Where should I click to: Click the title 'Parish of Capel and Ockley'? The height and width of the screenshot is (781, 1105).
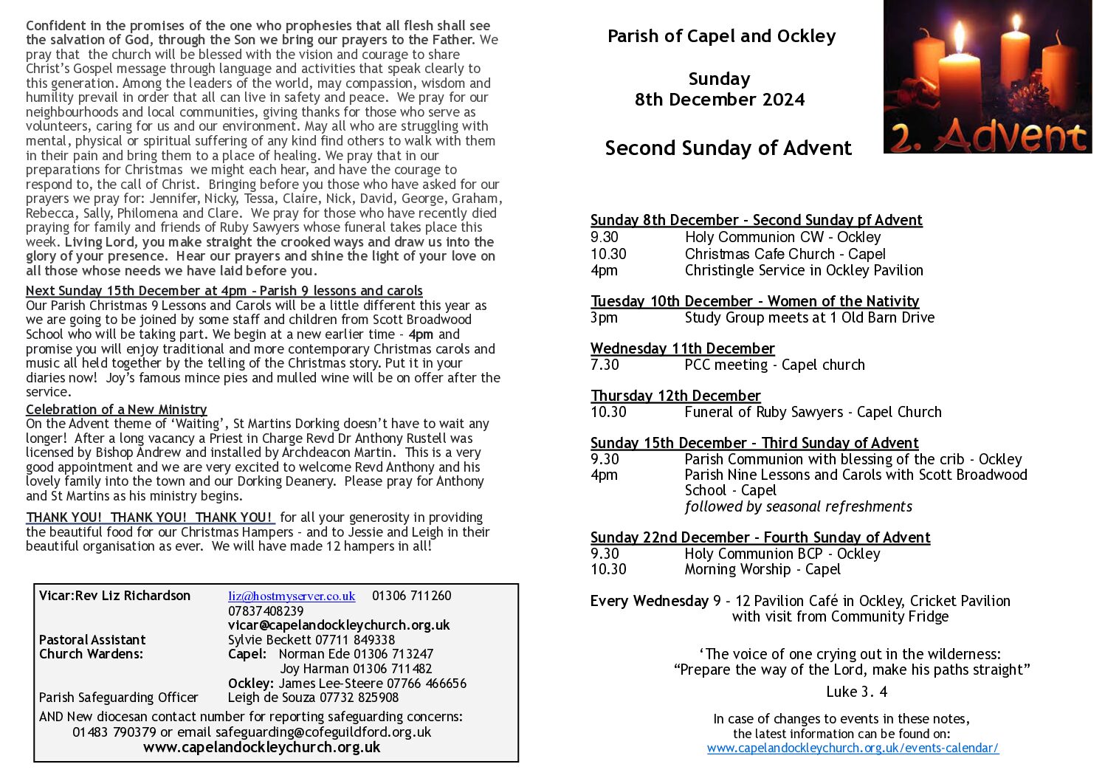[x=721, y=36]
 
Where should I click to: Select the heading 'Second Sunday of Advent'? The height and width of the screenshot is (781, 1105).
[x=728, y=148]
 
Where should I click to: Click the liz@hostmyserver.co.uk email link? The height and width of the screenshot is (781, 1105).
[x=292, y=596]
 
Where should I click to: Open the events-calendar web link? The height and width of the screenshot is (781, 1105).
[x=853, y=748]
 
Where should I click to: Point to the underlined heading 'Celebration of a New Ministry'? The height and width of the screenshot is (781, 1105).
[x=116, y=409]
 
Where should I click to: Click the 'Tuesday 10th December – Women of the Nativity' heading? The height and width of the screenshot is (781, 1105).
[x=754, y=301]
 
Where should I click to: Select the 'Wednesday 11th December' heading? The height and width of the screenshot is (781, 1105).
[x=682, y=348]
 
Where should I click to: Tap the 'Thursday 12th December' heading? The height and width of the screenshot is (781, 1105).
[x=675, y=396]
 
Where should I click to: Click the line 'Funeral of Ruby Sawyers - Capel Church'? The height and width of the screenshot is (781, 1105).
[x=813, y=412]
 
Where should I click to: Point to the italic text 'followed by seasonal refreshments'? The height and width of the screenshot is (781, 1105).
[x=798, y=506]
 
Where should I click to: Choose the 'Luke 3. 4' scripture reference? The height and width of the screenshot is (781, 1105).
[x=856, y=692]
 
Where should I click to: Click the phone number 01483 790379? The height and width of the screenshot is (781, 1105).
[x=114, y=732]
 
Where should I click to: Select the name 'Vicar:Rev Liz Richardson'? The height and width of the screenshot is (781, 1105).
[x=114, y=596]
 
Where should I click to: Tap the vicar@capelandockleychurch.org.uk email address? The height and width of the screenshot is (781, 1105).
[x=339, y=625]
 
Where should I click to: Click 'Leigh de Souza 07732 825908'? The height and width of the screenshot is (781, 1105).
[x=313, y=697]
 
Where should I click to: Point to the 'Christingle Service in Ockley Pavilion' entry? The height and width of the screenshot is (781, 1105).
[x=804, y=270]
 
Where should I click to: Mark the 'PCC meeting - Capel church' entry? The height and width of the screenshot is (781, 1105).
[x=774, y=365]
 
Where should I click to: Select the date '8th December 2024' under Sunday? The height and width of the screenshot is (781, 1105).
[x=720, y=100]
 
